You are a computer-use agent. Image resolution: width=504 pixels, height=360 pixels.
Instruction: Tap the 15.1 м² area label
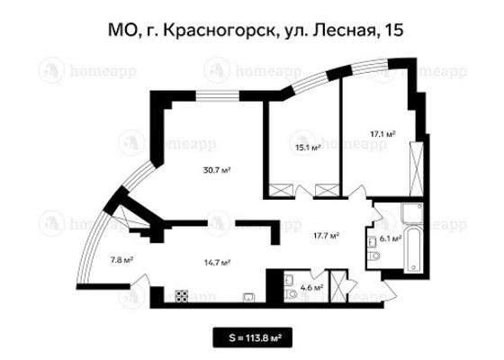tap(309, 148)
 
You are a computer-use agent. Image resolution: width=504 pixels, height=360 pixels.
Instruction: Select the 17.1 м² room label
tap(382, 134)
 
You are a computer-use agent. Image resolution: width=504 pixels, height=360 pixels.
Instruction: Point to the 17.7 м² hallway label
tap(327, 236)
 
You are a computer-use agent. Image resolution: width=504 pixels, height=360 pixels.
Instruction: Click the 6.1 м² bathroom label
tap(391, 238)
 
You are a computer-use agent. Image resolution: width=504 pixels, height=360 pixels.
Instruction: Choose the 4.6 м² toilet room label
tap(311, 287)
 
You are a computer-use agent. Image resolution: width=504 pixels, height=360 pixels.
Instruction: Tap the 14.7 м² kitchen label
tap(218, 263)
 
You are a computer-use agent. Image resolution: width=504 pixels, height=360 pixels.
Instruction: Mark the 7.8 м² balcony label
tap(122, 260)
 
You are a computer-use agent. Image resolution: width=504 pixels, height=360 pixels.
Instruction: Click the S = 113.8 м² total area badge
tap(252, 337)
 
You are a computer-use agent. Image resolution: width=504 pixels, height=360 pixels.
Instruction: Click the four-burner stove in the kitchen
tap(182, 296)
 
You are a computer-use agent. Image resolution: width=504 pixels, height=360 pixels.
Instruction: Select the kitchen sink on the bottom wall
tap(248, 298)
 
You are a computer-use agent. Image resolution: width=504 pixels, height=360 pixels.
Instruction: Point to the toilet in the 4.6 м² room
tap(291, 293)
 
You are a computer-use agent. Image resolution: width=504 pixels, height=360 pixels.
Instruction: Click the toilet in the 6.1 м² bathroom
tap(373, 256)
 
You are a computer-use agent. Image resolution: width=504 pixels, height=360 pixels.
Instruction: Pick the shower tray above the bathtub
tap(412, 213)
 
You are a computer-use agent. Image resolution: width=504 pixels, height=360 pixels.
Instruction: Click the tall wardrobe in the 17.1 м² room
tap(417, 169)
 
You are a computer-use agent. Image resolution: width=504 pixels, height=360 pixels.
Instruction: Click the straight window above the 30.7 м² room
tap(218, 95)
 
